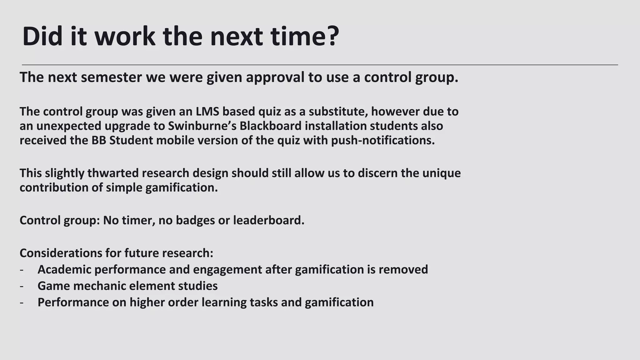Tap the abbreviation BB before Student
(x=99, y=141)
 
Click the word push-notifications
(x=382, y=141)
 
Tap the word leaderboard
(x=268, y=221)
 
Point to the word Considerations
(x=61, y=253)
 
